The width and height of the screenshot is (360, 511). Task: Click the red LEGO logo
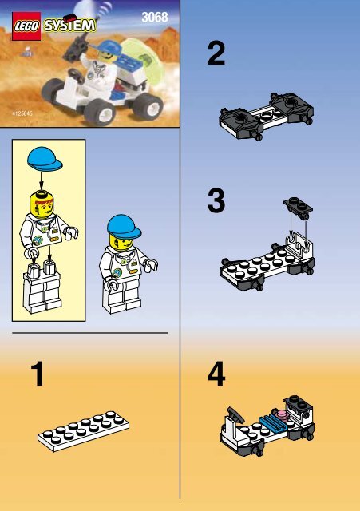[26, 26]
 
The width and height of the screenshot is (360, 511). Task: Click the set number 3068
[155, 18]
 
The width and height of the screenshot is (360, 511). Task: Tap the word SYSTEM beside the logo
[70, 25]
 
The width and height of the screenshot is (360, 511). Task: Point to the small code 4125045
[22, 113]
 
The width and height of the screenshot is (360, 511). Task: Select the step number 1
[38, 374]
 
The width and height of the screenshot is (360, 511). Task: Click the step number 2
[216, 53]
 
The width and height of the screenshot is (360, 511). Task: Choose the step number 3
[216, 200]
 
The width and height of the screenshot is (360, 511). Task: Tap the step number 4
[216, 374]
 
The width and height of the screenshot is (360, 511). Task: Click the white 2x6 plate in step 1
[83, 431]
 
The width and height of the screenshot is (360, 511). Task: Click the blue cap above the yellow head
[45, 158]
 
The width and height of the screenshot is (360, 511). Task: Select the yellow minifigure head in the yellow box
[42, 204]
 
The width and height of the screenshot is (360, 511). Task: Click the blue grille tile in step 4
[273, 422]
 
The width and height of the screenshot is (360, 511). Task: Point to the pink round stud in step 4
[282, 414]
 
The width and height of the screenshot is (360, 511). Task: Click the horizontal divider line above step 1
[90, 333]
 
